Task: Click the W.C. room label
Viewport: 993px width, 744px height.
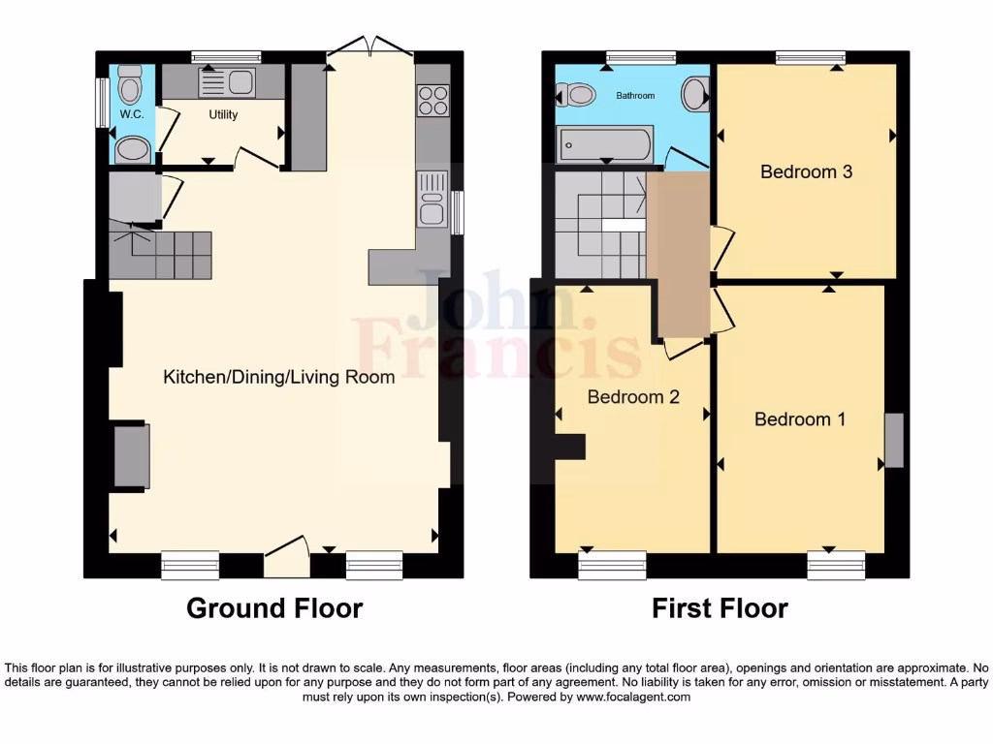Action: [131, 114]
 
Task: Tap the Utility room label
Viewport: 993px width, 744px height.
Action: [223, 114]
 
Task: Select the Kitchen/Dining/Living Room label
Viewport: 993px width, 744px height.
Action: [278, 377]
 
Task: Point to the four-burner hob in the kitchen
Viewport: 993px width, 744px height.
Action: [432, 100]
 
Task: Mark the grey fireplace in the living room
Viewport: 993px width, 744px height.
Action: [132, 455]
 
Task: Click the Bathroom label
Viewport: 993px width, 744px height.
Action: [635, 96]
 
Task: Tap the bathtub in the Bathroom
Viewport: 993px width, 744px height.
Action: [604, 145]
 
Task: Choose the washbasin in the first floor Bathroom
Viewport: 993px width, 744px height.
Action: [695, 94]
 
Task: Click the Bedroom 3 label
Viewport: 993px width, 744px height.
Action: [806, 171]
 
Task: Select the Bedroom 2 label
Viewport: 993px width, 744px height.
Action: [633, 397]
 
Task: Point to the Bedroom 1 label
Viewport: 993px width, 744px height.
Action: [799, 419]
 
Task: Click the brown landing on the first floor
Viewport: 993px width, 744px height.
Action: [679, 257]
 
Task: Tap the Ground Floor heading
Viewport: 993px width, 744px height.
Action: [274, 608]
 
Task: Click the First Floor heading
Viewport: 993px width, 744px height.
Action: [720, 608]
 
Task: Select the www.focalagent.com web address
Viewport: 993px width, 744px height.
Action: [632, 697]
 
